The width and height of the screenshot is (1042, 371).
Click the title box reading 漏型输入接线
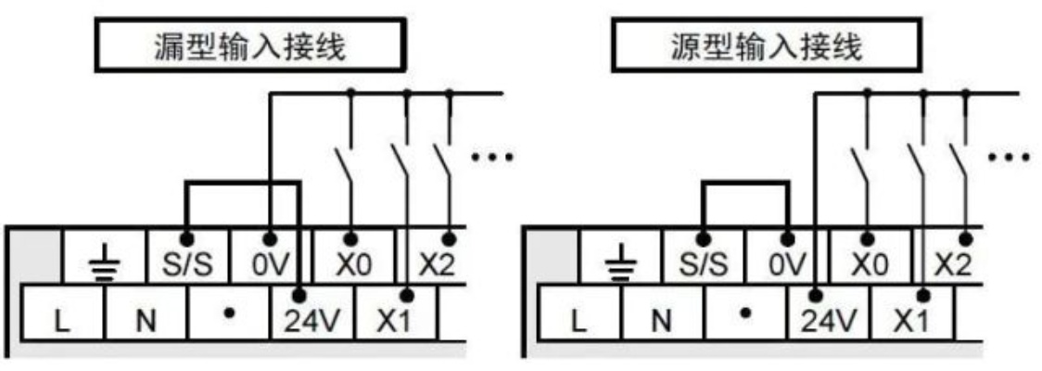(x=250, y=45)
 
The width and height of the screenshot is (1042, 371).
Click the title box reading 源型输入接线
(x=767, y=45)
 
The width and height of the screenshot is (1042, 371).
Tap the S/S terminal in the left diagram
(x=187, y=257)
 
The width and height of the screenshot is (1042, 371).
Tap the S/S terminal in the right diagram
(x=704, y=257)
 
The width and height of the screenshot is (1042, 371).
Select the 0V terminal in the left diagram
(x=270, y=257)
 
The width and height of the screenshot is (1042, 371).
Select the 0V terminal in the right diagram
(x=786, y=257)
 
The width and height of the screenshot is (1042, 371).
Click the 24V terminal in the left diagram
(x=312, y=313)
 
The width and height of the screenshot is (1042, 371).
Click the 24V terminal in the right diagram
(x=829, y=313)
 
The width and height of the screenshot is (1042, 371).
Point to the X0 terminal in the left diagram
(x=352, y=257)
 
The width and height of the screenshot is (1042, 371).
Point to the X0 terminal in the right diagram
(x=869, y=257)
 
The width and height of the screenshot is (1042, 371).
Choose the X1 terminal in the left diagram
(x=396, y=313)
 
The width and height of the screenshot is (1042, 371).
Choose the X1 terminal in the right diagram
(x=912, y=313)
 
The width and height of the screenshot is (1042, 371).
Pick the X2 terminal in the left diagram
(x=436, y=257)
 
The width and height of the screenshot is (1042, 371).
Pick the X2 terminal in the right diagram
(x=952, y=257)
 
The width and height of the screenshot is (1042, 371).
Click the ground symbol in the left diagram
(x=104, y=264)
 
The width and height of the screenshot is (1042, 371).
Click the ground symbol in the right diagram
(x=620, y=264)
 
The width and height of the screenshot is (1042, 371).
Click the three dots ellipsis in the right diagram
(x=1009, y=158)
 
